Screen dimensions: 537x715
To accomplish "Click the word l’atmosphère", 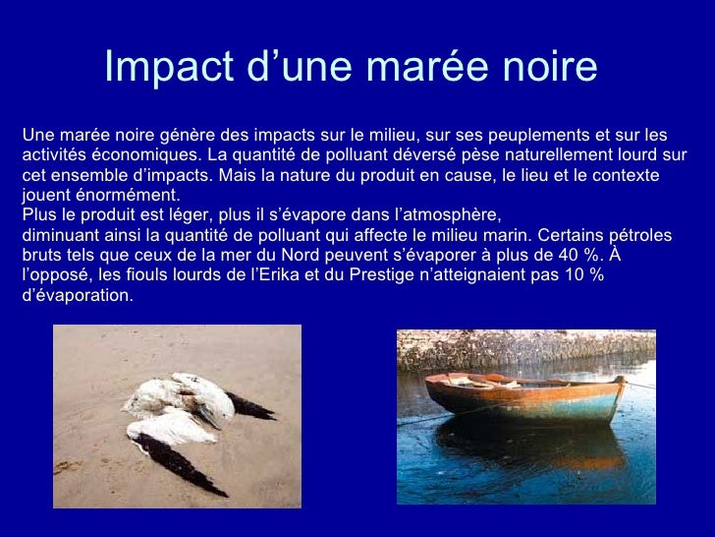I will click(448, 215).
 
